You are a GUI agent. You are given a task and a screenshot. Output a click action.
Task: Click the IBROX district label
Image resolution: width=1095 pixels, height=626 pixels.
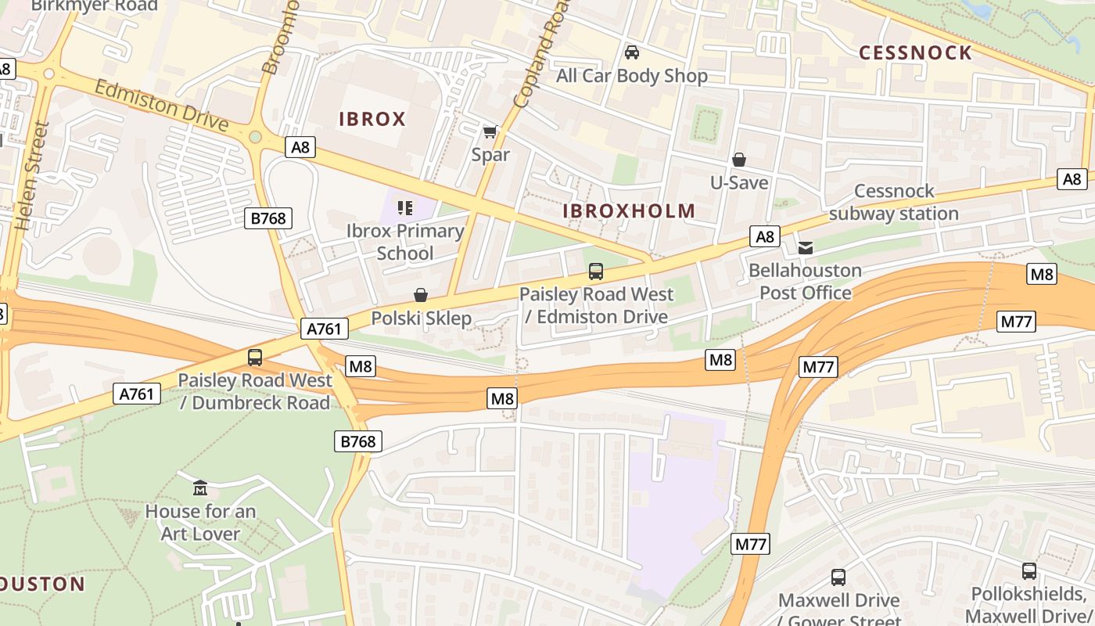coord(372,119)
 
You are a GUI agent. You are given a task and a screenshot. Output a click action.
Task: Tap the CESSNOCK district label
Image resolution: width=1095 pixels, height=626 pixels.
coord(915,52)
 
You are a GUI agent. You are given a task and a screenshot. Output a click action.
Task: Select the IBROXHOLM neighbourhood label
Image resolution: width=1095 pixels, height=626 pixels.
coord(629,210)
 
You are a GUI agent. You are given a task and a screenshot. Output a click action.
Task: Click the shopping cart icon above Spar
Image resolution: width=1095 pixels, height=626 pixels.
coord(490,131)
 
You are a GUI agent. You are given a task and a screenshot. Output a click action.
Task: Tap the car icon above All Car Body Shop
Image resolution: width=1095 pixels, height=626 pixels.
coord(632,52)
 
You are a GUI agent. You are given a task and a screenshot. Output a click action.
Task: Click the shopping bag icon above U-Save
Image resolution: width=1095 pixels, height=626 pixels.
coord(739,160)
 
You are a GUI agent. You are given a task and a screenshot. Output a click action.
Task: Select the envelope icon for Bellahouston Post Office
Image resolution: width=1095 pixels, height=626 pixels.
coord(805,248)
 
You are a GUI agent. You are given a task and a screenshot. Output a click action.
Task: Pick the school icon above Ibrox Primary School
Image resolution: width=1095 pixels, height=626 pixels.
coord(404,207)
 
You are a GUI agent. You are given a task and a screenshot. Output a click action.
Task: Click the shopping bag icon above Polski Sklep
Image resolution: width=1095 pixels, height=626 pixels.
coord(421,295)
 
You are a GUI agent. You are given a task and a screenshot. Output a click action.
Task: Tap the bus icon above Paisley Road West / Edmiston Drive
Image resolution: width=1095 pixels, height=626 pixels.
coord(596,272)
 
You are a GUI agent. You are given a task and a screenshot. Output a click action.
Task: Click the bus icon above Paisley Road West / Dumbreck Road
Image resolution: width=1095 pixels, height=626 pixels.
coord(255,358)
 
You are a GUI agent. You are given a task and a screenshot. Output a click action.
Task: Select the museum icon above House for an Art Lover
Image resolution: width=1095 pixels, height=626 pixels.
coord(199,488)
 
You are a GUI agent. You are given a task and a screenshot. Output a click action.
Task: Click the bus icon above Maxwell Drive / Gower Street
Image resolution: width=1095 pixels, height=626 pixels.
coord(838,577)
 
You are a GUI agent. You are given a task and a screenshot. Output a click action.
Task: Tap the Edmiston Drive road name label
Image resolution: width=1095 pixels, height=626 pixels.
coord(161,105)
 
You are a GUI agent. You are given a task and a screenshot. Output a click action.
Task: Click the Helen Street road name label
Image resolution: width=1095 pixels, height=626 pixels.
coord(32,175)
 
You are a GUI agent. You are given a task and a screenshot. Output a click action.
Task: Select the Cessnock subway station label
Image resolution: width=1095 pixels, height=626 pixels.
coord(894,202)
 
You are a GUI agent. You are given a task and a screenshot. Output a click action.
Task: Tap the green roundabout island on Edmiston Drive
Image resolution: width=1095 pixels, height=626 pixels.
coord(255,137)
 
